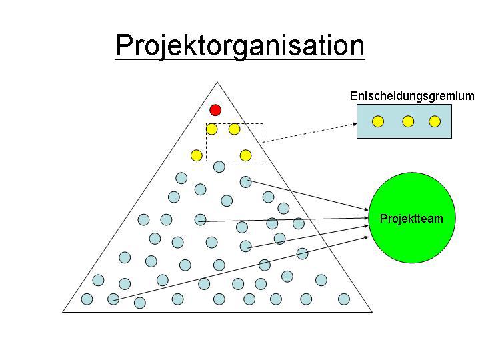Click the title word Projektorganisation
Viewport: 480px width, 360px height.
tap(240, 46)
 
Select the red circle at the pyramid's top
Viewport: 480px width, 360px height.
tap(215, 110)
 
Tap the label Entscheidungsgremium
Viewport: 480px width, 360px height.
tap(411, 96)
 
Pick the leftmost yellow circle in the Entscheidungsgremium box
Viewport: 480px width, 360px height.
tap(377, 121)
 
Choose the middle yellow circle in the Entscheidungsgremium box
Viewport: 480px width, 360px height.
tap(408, 121)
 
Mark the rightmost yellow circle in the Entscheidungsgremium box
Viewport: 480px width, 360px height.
tap(435, 121)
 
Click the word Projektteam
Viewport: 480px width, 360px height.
tap(411, 219)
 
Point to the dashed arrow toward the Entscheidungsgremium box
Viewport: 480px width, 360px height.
tap(310, 131)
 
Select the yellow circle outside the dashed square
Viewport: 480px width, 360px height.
tap(196, 155)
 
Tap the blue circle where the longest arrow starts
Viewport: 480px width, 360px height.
tap(113, 299)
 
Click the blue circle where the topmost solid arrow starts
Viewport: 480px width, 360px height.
tap(245, 181)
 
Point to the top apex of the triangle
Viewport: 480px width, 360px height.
tap(217, 83)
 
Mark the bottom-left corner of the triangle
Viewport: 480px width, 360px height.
tap(63, 311)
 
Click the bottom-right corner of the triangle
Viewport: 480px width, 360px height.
tap(371, 311)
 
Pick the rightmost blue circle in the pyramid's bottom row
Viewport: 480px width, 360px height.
tap(344, 299)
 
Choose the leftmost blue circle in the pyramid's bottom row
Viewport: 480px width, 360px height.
tap(87, 299)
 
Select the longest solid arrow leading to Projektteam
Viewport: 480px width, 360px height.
tap(240, 267)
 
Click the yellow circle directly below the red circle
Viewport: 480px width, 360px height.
tap(212, 129)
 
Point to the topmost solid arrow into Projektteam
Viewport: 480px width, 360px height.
tap(307, 197)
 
